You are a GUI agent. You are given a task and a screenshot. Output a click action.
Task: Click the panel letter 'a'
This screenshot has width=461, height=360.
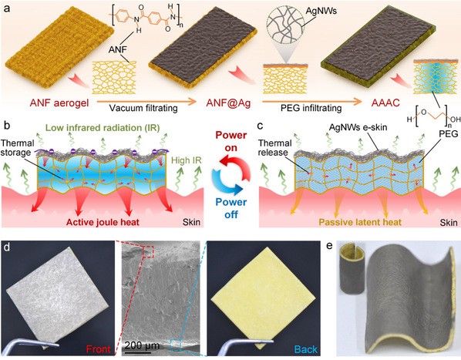coord(6,8)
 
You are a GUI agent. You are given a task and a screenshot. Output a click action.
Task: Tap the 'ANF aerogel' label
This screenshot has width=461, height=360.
coord(59,103)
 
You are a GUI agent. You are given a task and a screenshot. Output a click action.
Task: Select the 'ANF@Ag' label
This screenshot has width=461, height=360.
coord(228,103)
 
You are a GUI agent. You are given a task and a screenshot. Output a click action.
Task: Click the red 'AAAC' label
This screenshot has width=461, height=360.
coord(385,103)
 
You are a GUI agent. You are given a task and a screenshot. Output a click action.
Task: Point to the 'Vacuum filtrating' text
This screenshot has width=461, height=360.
coord(143,108)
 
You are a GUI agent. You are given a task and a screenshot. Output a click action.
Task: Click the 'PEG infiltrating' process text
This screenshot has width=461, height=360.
coord(311,108)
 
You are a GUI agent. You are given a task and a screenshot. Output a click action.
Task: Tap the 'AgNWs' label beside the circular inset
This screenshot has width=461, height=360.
coord(321,11)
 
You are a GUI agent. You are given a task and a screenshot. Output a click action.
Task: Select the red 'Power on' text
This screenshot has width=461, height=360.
coord(231,141)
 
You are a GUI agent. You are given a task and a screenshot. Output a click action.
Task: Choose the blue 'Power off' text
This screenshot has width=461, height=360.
coord(231,208)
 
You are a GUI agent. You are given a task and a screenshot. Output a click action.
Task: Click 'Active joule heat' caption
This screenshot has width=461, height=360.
coord(103,222)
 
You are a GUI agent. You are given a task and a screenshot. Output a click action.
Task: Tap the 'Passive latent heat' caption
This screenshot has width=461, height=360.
coord(360,222)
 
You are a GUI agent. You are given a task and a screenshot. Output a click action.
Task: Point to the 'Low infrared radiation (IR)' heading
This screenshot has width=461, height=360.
coord(103,128)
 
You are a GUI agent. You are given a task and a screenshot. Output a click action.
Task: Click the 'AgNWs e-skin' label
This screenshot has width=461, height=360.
coord(358,127)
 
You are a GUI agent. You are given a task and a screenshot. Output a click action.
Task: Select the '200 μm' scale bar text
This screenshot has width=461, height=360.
coord(142,345)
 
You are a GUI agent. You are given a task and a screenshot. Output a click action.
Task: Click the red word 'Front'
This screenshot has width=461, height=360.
coord(98,349)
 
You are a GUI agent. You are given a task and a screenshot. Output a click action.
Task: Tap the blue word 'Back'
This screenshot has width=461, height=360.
coord(306,349)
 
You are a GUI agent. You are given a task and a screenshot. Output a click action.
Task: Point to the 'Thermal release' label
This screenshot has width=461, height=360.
coord(275,148)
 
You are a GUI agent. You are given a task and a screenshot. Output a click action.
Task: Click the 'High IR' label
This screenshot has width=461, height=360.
coord(187,160)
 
